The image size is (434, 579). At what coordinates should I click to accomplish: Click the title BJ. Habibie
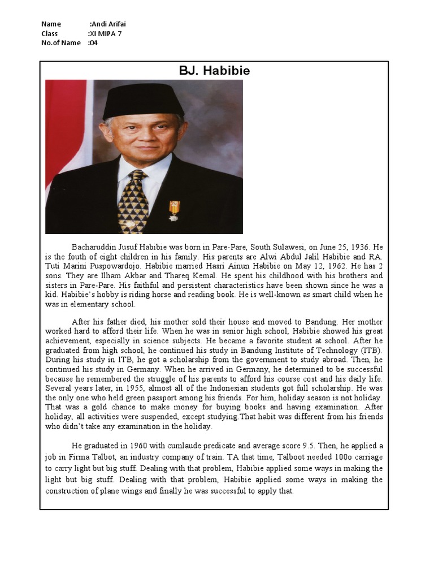214,71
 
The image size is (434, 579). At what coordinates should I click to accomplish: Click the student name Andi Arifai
109,24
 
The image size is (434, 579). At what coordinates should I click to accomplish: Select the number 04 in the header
93,42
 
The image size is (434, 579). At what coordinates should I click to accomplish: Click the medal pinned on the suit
173,210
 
